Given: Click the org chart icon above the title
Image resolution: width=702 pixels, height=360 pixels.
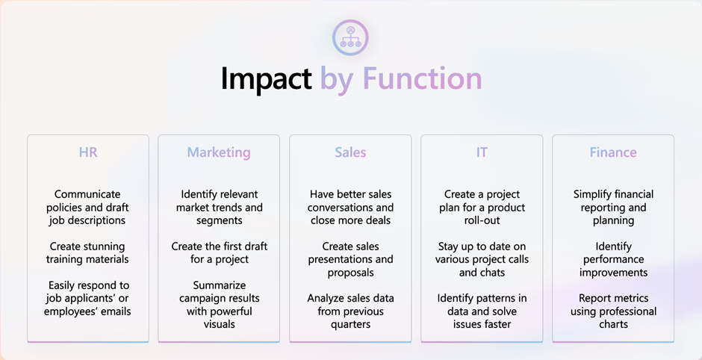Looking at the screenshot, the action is coord(350,37).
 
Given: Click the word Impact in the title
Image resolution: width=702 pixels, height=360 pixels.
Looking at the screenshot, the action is coord(266,78).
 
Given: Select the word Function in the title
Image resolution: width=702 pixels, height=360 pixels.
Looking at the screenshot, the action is coord(422,78).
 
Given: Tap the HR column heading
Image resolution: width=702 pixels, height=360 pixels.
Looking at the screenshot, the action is coord(88,152).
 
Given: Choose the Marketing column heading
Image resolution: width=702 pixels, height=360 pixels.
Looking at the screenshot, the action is coord(219,152).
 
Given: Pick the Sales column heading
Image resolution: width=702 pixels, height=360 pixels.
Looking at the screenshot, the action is coord(350,152).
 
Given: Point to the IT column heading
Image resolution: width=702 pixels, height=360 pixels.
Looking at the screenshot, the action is coord(482,152).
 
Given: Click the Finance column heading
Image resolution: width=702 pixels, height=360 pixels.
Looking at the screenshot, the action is coord(613,152).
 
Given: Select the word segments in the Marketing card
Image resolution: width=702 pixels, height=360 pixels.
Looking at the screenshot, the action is coord(220,220).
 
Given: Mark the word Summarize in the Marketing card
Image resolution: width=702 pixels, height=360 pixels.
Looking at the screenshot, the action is coord(220,285).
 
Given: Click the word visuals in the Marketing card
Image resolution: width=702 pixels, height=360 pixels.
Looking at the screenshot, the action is coord(220,324).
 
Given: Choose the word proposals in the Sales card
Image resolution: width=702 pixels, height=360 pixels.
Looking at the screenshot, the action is coord(350,272).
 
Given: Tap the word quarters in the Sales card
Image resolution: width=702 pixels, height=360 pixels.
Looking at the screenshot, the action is coord(350,324).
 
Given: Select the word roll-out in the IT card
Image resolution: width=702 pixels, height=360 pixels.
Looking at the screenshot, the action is coord(482,220).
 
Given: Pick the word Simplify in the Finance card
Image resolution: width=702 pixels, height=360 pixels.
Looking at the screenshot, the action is coord(591,194).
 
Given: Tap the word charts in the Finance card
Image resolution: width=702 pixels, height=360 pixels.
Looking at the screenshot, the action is coord(613,324).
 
